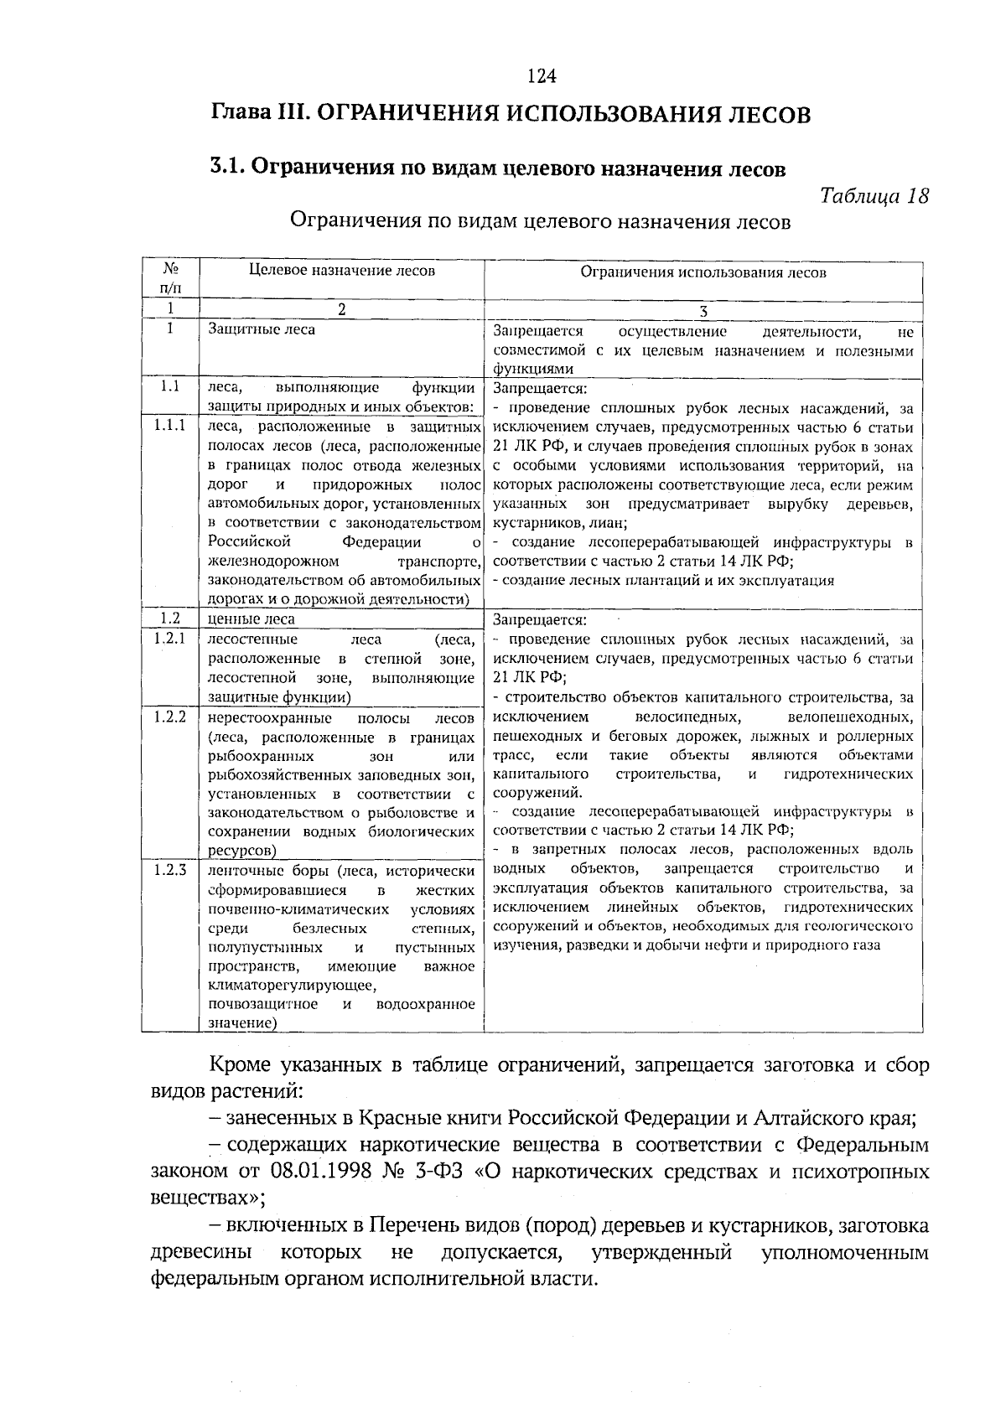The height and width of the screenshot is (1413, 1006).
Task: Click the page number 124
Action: tap(542, 77)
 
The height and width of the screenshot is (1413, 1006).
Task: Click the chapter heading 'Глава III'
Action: tap(259, 113)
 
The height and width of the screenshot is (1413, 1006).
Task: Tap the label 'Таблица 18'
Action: tap(874, 196)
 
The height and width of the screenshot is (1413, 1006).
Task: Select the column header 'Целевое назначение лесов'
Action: tap(342, 271)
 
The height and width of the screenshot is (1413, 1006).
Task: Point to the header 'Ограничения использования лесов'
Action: tap(703, 272)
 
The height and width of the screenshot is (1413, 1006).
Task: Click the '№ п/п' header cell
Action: tap(169, 278)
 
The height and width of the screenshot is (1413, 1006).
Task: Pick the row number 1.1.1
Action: tap(169, 426)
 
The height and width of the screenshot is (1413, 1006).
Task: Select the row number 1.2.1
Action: tap(169, 639)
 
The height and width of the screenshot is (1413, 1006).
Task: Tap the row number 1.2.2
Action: tap(169, 717)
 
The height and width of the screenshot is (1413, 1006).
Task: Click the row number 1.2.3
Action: tap(169, 870)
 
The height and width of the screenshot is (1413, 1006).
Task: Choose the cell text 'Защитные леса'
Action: tap(262, 330)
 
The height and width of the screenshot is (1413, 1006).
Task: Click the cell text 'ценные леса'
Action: tap(251, 620)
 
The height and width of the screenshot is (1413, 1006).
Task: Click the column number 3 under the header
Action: tap(703, 312)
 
